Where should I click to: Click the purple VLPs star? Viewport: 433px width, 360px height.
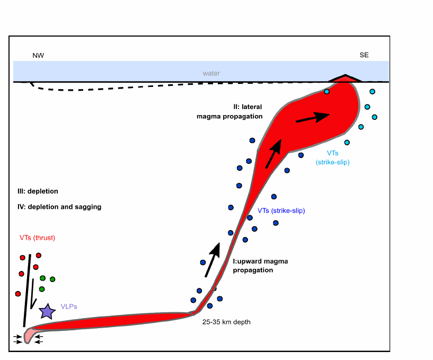point(47,311)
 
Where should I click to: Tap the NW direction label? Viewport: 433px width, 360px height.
point(38,56)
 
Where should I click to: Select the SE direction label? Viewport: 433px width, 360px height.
point(364,55)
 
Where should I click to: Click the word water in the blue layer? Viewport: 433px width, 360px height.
point(211,73)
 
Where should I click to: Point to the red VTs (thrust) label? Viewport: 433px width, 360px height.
point(37,238)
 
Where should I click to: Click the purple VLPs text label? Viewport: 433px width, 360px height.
point(69,306)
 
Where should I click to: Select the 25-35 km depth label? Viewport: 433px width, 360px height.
point(226,322)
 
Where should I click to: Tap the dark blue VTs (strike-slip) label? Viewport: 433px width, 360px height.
point(281,210)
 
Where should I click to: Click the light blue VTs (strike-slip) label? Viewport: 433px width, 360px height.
point(333,157)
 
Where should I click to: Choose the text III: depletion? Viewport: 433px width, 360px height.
point(38,191)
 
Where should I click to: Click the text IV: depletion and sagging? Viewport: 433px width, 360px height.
point(59,207)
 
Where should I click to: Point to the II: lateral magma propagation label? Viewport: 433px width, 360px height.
point(229,112)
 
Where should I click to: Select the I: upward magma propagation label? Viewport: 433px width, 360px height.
point(260,266)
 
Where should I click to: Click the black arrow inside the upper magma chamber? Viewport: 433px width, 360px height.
point(313,117)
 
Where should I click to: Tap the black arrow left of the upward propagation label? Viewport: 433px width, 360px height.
point(213,260)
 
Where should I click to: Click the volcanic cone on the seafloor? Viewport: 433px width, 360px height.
point(345,78)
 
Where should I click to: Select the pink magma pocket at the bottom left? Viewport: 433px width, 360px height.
point(29,335)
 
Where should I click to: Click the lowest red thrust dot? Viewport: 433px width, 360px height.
point(18,294)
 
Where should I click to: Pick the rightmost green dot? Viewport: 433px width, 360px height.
point(52,279)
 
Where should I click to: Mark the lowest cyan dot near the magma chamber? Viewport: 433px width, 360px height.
point(347,143)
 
